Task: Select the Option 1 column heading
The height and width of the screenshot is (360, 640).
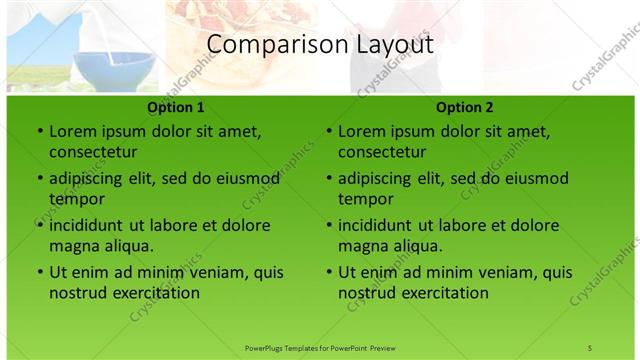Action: pyautogui.click(x=176, y=107)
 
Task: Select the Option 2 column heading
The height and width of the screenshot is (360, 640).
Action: pyautogui.click(x=465, y=107)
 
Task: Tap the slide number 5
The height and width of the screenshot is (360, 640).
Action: pyautogui.click(x=589, y=347)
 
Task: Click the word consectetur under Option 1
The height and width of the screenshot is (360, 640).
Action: pyautogui.click(x=93, y=152)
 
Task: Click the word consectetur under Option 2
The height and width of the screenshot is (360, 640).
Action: pyautogui.click(x=382, y=152)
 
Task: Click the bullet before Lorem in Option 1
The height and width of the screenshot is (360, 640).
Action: pyautogui.click(x=39, y=132)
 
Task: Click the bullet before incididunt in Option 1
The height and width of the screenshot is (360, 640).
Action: pyautogui.click(x=39, y=226)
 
